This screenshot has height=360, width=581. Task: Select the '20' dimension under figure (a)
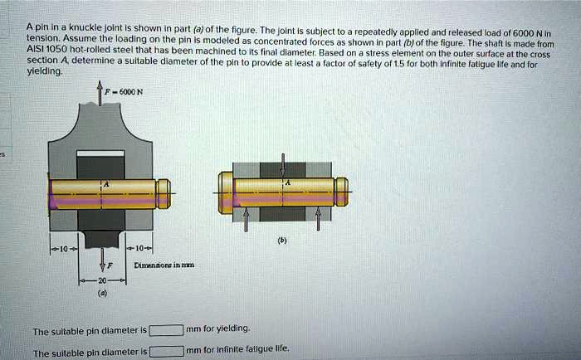pos(100,283)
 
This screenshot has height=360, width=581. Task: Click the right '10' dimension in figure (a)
pos(138,248)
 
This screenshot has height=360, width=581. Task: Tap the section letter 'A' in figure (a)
pos(105,184)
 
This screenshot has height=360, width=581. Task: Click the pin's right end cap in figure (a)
pos(164,193)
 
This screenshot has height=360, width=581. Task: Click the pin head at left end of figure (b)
pos(226,192)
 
